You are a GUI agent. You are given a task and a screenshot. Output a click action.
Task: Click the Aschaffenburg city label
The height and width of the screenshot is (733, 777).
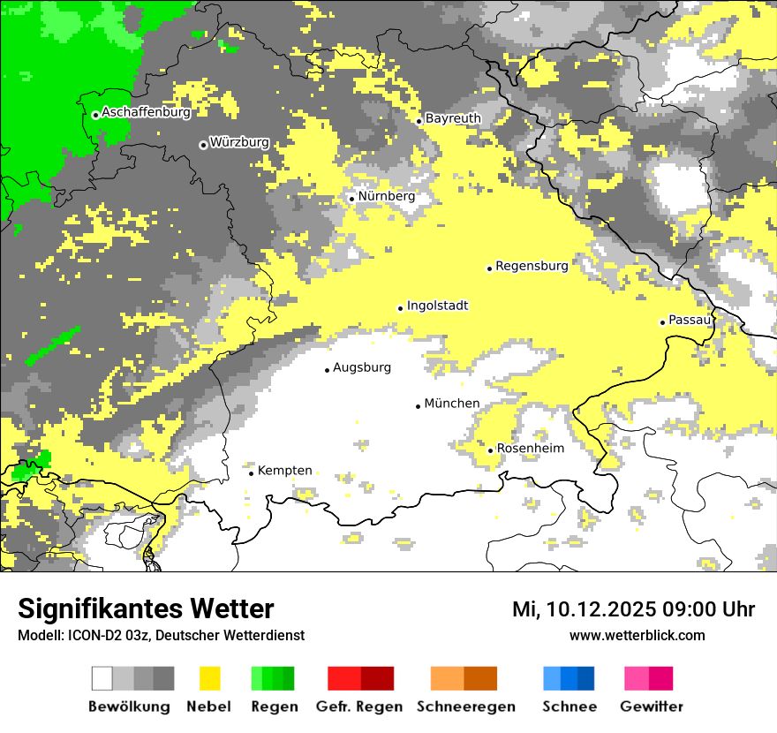point(146,113)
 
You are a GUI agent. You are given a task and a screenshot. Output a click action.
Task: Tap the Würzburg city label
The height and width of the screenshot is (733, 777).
point(238,142)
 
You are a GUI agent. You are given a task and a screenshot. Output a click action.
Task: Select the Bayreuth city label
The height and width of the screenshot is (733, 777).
point(453,118)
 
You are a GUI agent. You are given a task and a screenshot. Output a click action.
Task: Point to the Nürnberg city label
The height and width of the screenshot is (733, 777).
point(386,196)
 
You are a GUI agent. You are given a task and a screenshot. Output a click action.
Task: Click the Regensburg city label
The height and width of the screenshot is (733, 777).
point(532,265)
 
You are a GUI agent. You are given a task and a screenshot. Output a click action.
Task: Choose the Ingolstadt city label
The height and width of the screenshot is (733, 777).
point(437,306)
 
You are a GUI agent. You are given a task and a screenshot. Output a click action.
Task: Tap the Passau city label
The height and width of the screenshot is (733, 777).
point(689,320)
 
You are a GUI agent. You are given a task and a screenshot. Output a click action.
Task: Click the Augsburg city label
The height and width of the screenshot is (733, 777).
point(361,367)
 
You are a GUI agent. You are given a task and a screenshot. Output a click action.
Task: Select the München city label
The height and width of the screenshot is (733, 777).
point(451,404)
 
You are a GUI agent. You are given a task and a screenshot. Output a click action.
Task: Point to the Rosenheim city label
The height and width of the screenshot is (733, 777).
point(530,449)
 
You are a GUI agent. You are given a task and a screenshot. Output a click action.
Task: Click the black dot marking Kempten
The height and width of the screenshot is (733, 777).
point(252,473)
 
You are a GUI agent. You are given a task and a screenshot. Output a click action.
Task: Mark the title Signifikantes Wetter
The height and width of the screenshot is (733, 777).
point(146,609)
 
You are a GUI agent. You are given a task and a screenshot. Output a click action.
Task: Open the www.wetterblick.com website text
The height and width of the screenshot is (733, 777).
point(637,635)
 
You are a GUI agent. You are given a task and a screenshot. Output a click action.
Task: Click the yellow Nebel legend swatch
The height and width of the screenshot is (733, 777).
point(209,678)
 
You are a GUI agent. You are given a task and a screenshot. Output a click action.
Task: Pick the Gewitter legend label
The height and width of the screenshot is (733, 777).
point(651,707)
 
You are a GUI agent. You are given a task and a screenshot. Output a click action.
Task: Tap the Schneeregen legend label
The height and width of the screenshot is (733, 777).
point(465,707)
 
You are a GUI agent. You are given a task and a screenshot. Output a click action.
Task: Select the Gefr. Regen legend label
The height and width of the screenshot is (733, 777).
point(358,707)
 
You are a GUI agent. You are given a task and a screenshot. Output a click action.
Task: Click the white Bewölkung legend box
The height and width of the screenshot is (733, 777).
point(102,678)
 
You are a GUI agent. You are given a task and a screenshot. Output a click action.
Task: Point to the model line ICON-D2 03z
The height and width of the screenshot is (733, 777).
point(161,635)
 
